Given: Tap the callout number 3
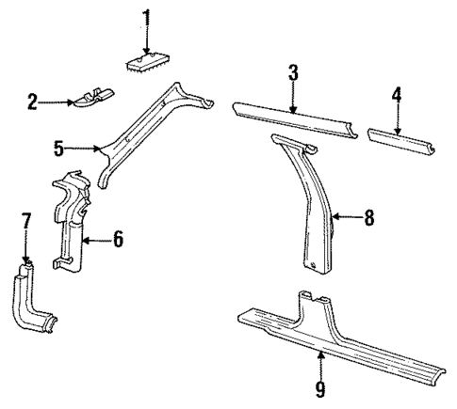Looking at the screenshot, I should coord(294,72).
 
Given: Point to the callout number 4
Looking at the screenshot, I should coord(397,94).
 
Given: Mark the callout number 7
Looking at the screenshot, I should coord(26,222).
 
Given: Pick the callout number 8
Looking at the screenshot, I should coord(369,218).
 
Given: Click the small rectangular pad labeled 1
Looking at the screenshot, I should coord(146,62).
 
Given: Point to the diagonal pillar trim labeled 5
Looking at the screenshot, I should coord(141,132).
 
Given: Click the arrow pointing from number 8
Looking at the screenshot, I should coord(348,218).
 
